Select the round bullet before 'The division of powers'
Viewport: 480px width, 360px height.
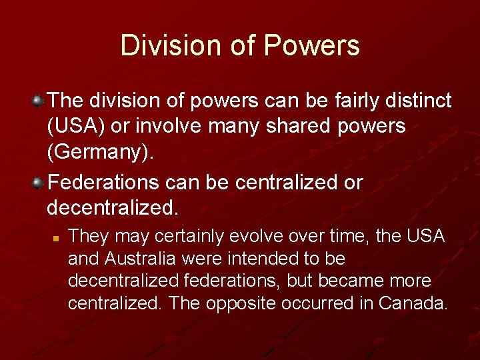tap(39, 101)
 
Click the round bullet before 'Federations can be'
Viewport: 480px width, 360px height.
tap(39, 182)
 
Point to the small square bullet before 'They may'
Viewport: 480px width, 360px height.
tap(57, 237)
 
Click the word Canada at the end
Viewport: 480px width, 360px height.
tap(413, 303)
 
